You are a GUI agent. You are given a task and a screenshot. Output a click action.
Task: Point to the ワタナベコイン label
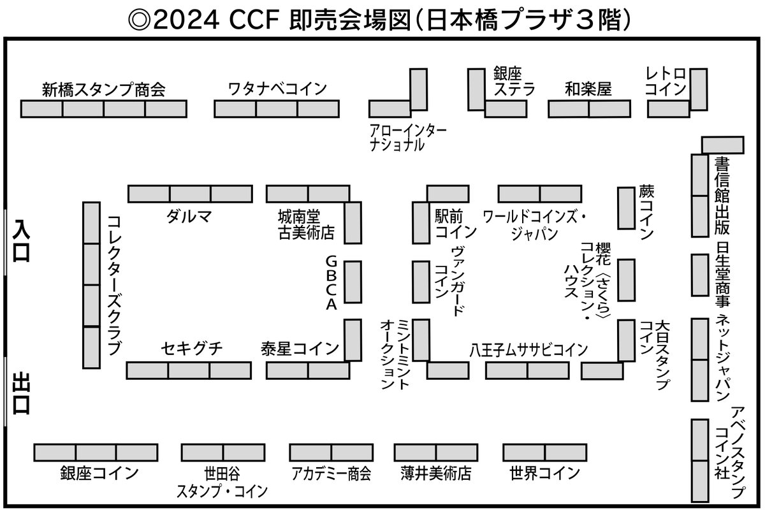tap(277, 89)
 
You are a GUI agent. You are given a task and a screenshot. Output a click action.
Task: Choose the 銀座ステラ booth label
tap(514, 82)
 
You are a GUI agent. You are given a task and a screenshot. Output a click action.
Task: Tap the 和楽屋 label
tap(588, 89)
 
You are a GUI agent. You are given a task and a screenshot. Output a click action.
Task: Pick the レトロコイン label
tap(666, 82)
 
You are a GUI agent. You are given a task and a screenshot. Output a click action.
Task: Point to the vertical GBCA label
tap(331, 283)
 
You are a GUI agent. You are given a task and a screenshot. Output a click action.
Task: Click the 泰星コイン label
tap(300, 349)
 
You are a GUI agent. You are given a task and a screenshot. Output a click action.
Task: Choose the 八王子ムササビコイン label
tap(528, 349)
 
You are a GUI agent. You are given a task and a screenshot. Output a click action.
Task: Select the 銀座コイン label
tap(99, 474)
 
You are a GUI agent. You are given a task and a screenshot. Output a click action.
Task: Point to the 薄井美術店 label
tap(436, 474)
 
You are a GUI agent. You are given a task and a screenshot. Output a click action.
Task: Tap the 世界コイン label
tap(544, 474)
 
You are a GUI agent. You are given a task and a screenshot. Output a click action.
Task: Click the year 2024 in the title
tap(185, 19)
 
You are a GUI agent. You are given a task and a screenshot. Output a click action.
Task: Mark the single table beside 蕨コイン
tap(626, 208)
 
